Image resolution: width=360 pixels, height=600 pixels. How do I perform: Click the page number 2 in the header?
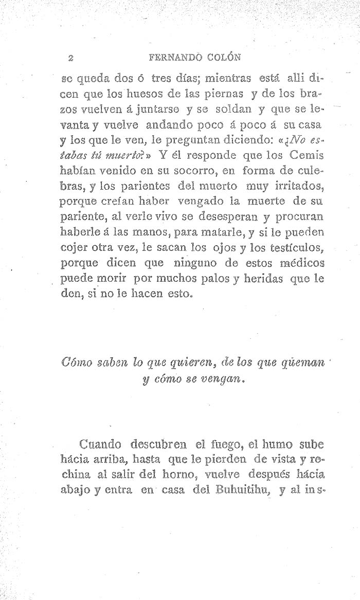pyautogui.click(x=69, y=56)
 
